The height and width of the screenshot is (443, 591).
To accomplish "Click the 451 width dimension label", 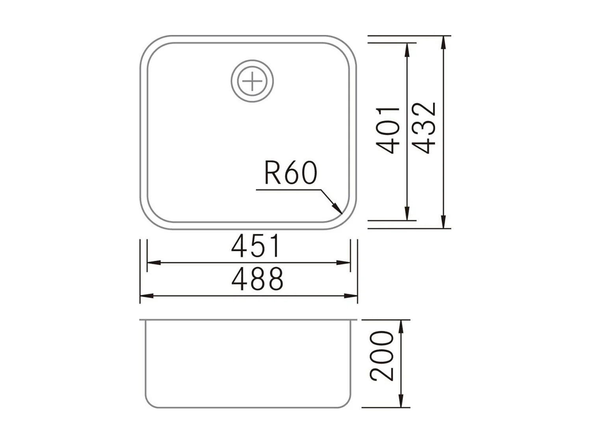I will tap(256, 246).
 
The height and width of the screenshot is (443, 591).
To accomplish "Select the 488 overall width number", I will tap(257, 279).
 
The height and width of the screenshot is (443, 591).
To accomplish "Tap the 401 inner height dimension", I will tap(388, 130).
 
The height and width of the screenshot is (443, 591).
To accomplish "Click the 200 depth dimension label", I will tap(382, 356).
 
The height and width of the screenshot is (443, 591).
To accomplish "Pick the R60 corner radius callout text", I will tap(290, 173).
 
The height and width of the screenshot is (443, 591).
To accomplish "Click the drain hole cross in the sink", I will tap(252, 82).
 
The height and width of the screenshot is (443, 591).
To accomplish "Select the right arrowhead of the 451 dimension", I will tap(344, 262).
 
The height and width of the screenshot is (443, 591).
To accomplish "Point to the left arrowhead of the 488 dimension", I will tap(146, 295).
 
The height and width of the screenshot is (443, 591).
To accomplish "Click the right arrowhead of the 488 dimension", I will tap(351, 295).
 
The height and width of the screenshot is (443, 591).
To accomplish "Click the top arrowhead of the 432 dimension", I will tap(444, 42).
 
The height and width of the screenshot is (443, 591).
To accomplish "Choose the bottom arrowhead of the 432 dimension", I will tap(444, 222).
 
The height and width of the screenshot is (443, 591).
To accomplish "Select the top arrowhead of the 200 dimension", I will tap(401, 326).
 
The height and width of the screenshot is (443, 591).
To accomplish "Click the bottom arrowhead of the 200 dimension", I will tap(401, 401).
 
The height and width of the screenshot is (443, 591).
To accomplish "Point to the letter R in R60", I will tap(272, 173).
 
